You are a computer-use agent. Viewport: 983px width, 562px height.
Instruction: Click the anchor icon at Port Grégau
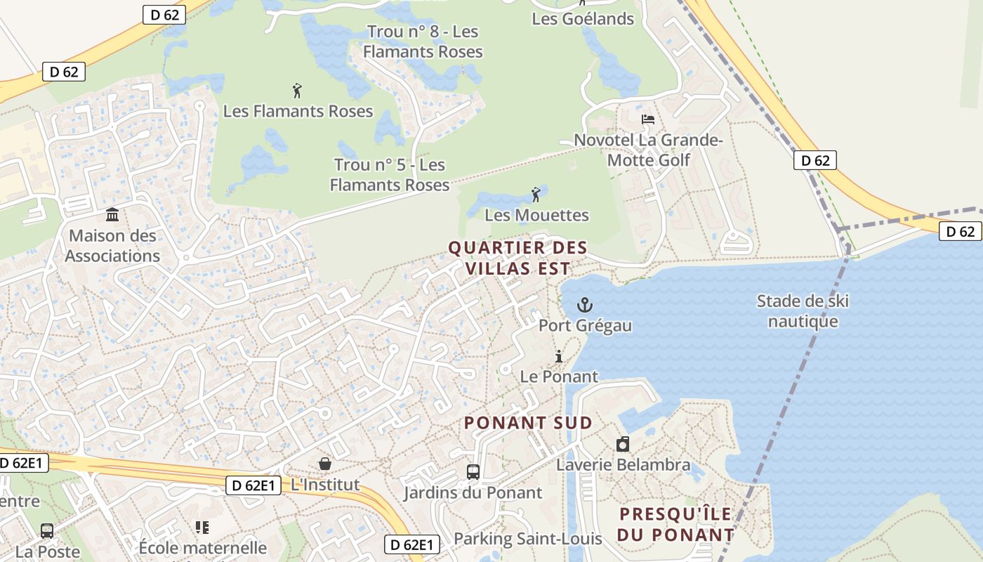click(x=584, y=305)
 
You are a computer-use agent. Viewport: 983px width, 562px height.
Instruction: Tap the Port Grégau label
click(x=585, y=325)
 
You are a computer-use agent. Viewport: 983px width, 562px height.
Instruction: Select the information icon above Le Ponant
click(x=559, y=356)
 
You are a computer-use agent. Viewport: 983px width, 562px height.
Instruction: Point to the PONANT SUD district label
click(x=528, y=423)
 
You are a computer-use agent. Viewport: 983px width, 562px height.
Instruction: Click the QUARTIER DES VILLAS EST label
click(x=517, y=258)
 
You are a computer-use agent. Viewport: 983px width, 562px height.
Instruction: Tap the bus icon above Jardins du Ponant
click(x=473, y=472)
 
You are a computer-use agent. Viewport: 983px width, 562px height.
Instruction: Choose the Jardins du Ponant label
click(x=473, y=493)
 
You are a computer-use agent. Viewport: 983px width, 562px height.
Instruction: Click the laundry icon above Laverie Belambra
click(x=623, y=444)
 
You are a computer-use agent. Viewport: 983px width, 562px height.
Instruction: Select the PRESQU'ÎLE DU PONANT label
click(x=675, y=524)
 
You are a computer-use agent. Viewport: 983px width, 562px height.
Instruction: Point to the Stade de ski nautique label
click(x=803, y=311)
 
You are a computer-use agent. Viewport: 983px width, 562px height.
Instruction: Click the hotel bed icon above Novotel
click(x=648, y=119)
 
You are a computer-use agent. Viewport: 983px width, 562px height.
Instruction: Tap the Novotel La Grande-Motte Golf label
click(x=649, y=150)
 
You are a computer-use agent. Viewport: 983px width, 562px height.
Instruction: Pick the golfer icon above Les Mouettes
click(x=536, y=194)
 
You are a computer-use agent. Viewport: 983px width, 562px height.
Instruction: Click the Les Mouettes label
click(x=536, y=215)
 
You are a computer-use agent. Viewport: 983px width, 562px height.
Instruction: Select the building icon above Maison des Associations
click(x=112, y=214)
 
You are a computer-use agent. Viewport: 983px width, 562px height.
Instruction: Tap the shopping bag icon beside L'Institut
click(x=325, y=464)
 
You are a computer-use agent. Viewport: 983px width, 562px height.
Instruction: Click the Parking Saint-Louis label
click(x=528, y=539)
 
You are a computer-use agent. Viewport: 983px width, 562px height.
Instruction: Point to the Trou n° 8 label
click(x=423, y=41)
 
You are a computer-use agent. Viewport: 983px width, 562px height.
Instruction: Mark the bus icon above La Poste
click(x=47, y=531)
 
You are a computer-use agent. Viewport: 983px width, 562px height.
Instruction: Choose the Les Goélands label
click(x=583, y=19)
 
